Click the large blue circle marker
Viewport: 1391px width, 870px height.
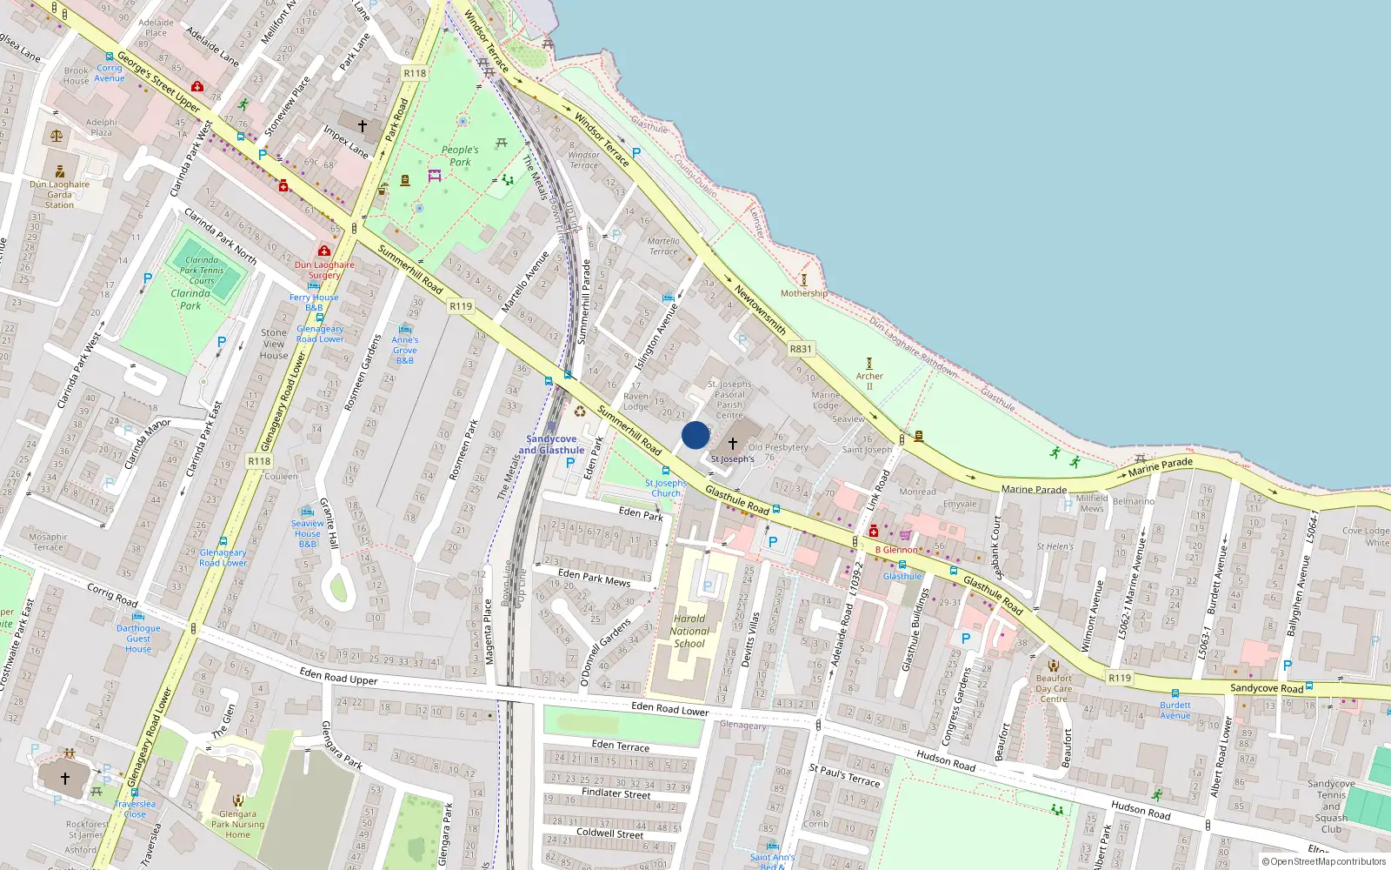pos(695,435)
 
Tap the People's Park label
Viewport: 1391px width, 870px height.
pos(459,156)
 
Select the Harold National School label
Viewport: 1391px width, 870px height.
pos(690,632)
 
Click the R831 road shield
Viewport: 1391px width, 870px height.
pos(801,349)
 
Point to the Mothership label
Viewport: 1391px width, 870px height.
pos(804,293)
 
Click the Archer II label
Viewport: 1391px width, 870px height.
pos(869,381)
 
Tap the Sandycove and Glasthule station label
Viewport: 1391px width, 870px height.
pos(551,445)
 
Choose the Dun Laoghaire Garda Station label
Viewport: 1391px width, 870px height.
pos(59,195)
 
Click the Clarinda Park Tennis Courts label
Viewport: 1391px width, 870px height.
pos(202,270)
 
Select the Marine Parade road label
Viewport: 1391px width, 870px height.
pos(1034,489)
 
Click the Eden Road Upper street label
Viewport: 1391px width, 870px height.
pos(338,676)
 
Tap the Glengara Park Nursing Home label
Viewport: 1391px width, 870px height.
pos(237,824)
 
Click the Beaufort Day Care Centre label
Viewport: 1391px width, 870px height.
pos(1054,688)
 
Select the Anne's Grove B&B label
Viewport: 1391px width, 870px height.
pos(404,350)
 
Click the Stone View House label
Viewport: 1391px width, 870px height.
pos(274,344)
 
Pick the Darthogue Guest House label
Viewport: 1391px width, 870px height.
pos(138,639)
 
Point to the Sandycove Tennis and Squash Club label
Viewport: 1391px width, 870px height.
pos(1331,806)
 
